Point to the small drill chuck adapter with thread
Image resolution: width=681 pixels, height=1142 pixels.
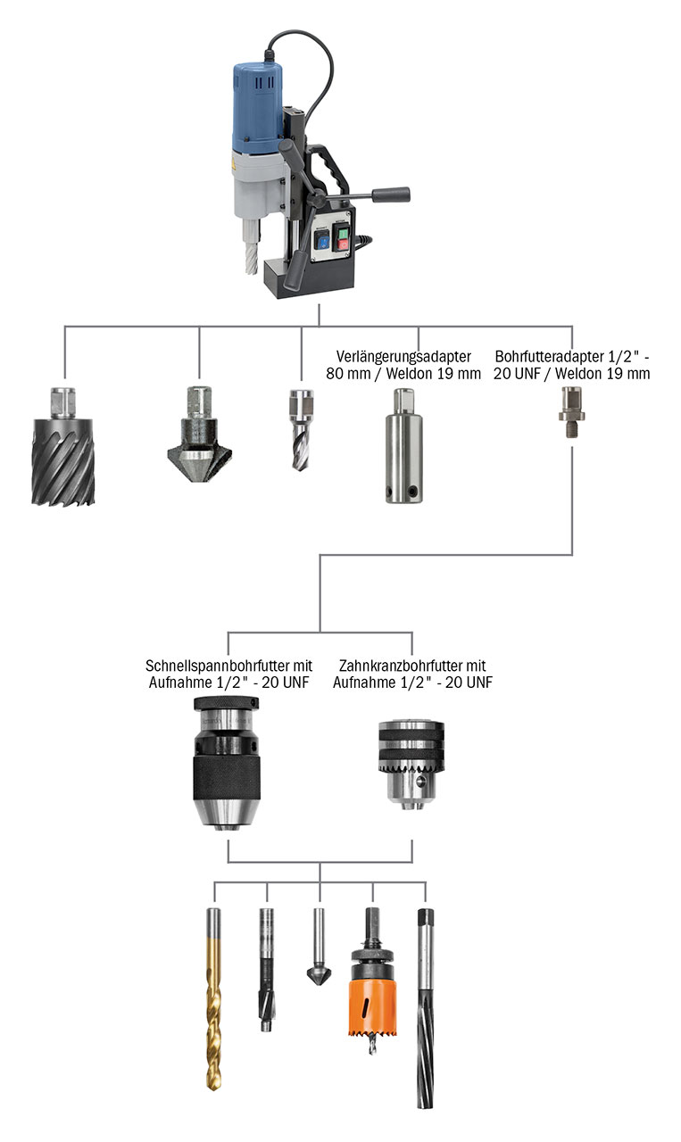(570, 410)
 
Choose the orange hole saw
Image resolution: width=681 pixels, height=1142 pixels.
(372, 991)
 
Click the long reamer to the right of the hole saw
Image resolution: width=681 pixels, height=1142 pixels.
(425, 1008)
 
